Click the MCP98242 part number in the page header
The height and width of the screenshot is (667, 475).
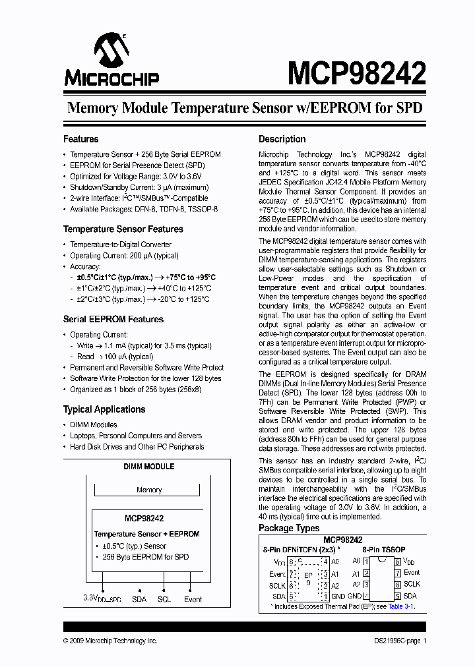coord(356,74)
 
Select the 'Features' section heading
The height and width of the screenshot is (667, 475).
coord(80,139)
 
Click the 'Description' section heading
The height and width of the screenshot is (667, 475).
coord(282,139)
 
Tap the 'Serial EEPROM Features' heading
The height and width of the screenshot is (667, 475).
coord(113,319)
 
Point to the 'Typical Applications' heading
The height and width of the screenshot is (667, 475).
coord(104,409)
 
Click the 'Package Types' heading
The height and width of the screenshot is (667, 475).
coord(289,528)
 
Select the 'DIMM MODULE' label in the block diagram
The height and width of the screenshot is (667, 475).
coord(149,467)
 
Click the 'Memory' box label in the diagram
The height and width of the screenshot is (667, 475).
coord(149,490)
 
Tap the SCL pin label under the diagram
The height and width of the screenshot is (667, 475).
coord(164,599)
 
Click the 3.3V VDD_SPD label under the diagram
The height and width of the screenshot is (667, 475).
coord(103,599)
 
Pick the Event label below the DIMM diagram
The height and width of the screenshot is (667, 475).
coord(193,599)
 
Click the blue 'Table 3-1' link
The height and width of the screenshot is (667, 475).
coord(400,606)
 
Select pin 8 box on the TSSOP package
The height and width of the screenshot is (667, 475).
coord(397,562)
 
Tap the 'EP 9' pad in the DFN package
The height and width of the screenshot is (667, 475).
coord(307,578)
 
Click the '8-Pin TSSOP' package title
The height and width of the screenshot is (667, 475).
coord(383,549)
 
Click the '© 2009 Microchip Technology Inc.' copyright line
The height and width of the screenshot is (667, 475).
coord(110,641)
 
